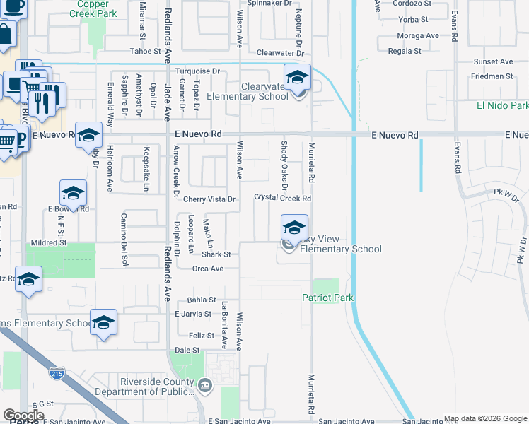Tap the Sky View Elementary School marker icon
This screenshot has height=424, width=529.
[x=294, y=228]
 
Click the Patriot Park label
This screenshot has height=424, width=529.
[x=328, y=298]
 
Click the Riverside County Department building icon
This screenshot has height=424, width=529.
[x=205, y=385]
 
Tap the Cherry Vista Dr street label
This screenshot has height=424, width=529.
[x=209, y=199]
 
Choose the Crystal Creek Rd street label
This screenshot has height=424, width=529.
[x=283, y=199]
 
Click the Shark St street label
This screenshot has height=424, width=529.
[x=217, y=254]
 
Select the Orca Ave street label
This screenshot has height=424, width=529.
[x=208, y=269]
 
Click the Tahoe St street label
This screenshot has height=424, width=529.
[x=146, y=51]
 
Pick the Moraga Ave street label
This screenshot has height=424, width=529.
[x=418, y=35]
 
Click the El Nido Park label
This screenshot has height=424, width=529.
[x=503, y=105]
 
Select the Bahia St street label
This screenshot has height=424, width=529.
[x=202, y=300]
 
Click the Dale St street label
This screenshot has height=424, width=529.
[x=187, y=350]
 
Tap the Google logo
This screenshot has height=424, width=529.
[x=23, y=416]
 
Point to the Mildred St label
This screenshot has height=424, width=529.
[x=47, y=242]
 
